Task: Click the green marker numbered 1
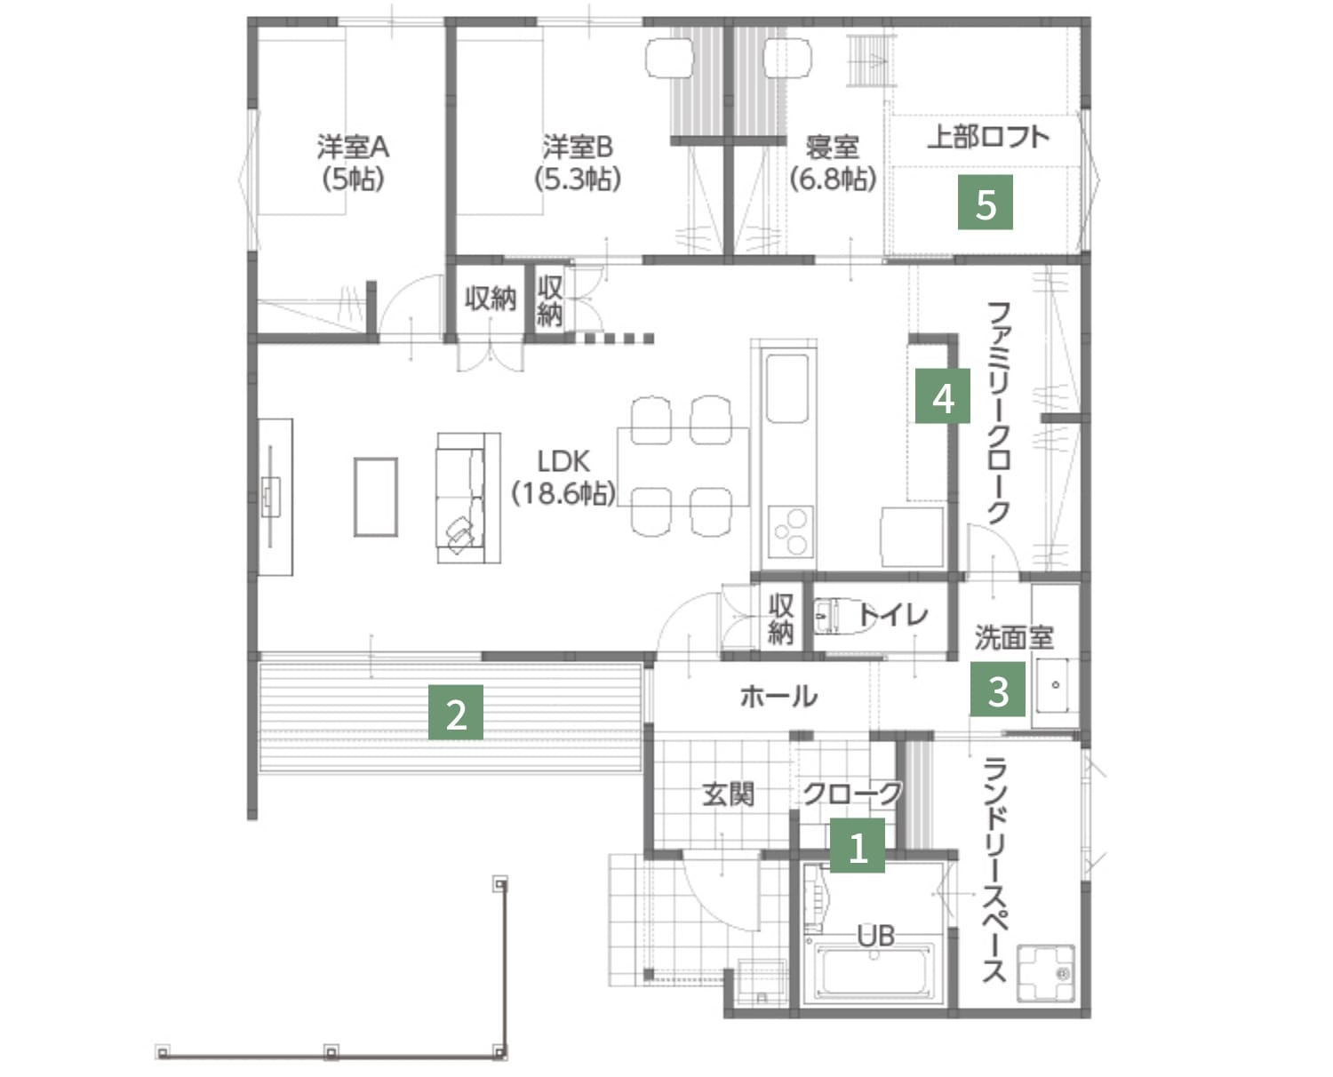[x=858, y=845]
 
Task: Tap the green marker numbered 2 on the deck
[x=456, y=712]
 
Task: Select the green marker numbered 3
[x=998, y=689]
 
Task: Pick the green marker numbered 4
[x=943, y=396]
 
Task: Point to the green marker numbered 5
[x=985, y=202]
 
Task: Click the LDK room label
[x=564, y=478]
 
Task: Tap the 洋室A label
[x=353, y=163]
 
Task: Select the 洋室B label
[x=578, y=163]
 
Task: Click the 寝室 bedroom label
[x=833, y=163]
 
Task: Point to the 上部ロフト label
[x=988, y=138]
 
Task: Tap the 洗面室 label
[x=1014, y=638]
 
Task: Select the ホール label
[x=778, y=696]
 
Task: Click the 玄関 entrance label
[x=728, y=794]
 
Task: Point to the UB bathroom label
[x=875, y=937]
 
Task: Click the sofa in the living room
[x=468, y=498]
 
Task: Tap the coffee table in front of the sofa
[x=376, y=497]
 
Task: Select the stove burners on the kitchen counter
[x=792, y=531]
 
